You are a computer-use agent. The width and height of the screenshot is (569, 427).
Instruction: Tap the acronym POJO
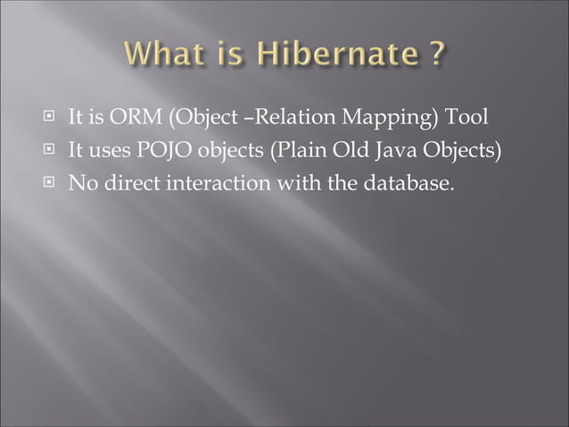(x=157, y=150)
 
